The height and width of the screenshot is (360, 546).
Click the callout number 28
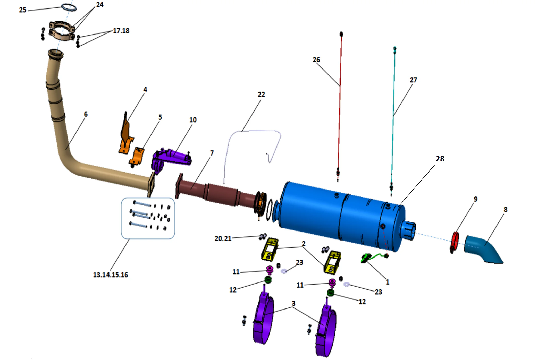pyautogui.click(x=440, y=159)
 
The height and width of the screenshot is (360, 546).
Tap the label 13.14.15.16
pyautogui.click(x=110, y=275)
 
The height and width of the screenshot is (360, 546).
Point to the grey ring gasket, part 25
pyautogui.click(x=69, y=7)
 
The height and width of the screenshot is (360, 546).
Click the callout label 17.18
pyautogui.click(x=121, y=31)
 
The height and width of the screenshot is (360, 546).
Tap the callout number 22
pyautogui.click(x=261, y=95)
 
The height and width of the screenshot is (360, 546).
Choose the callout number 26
pyautogui.click(x=316, y=60)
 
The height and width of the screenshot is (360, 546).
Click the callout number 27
pyautogui.click(x=413, y=80)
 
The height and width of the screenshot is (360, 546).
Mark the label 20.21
pyautogui.click(x=223, y=239)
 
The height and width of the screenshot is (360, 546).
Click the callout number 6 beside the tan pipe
pyautogui.click(x=86, y=114)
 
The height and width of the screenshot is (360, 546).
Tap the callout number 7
pyautogui.click(x=212, y=153)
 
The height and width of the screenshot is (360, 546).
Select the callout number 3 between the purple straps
pyautogui.click(x=293, y=303)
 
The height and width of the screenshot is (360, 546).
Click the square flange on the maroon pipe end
pyautogui.click(x=179, y=186)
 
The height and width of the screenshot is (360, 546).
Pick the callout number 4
pyautogui.click(x=145, y=90)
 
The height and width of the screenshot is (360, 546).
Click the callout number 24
pyautogui.click(x=100, y=5)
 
